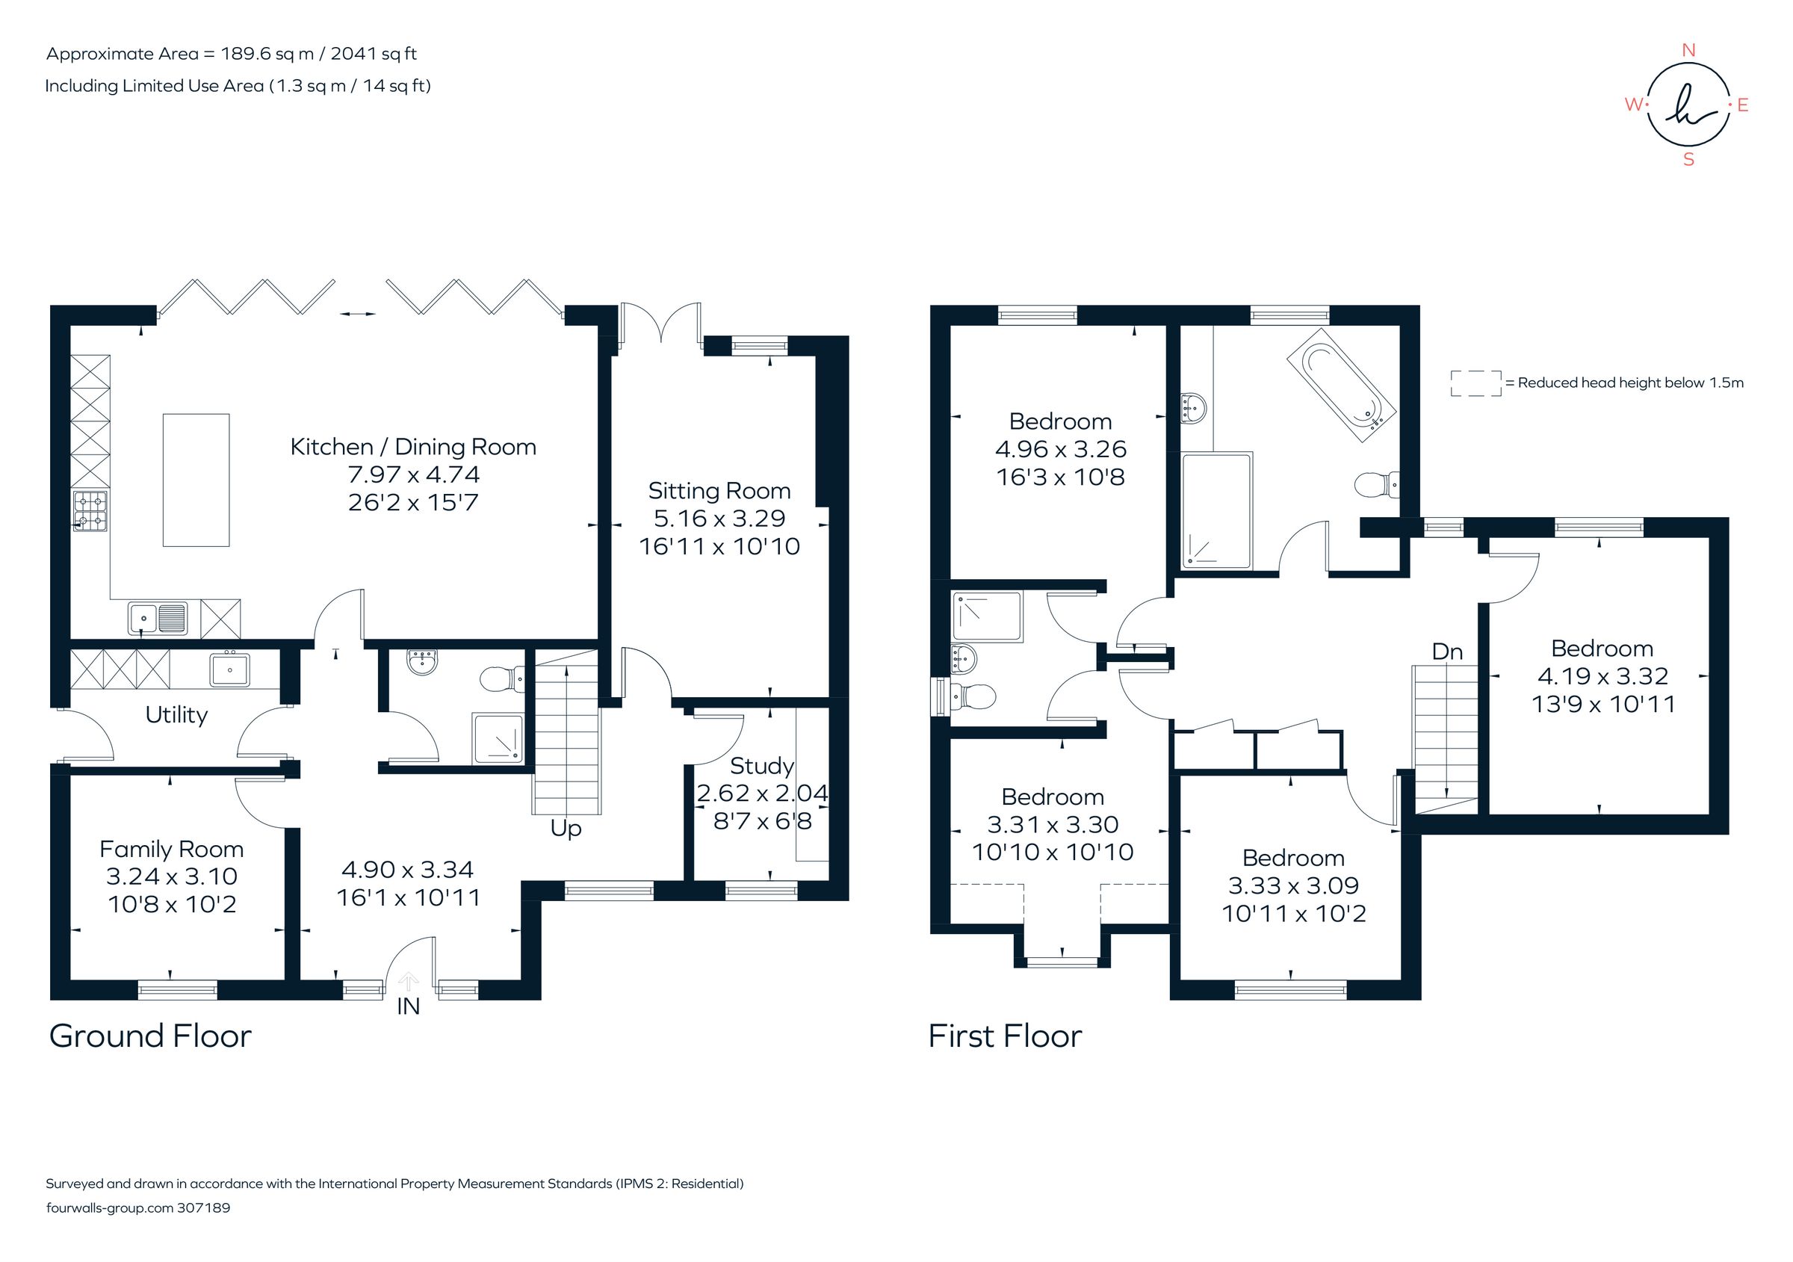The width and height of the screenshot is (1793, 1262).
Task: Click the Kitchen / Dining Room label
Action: [413, 447]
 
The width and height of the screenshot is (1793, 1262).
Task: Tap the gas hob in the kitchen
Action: [90, 511]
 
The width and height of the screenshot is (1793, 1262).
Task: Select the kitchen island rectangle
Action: [196, 480]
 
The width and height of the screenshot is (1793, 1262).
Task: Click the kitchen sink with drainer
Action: [158, 619]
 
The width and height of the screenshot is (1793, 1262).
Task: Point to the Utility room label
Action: [176, 714]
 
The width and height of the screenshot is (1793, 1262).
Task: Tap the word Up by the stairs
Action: [566, 828]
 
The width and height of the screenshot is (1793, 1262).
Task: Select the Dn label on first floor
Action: [1447, 652]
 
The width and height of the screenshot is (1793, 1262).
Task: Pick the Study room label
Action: [761, 765]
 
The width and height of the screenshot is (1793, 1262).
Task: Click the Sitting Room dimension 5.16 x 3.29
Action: [719, 518]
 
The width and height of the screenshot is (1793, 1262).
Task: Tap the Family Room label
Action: [172, 849]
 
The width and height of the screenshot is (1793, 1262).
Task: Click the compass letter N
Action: [1688, 50]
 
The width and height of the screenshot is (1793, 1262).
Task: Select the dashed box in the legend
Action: [1475, 383]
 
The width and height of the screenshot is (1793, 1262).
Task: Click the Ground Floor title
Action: [150, 1036]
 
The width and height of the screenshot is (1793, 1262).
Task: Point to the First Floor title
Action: [1004, 1036]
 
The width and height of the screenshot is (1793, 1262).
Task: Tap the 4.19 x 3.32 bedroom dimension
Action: [1602, 675]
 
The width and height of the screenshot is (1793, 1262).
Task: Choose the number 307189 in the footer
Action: [204, 1207]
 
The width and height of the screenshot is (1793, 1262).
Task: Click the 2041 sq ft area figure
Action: [374, 54]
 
